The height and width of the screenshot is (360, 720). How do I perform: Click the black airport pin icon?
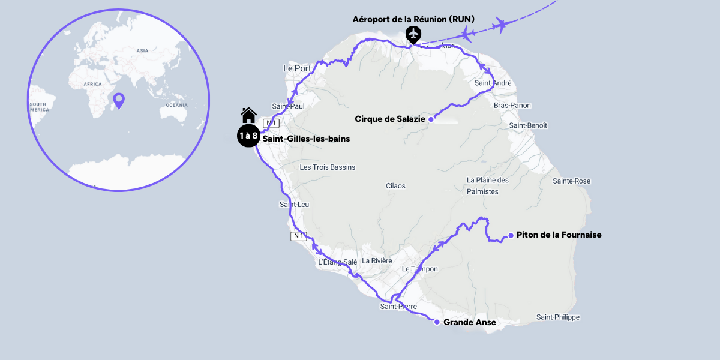(x=413, y=34)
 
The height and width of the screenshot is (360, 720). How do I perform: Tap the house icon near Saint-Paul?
(x=248, y=115)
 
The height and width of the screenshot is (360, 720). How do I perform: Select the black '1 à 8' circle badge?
(x=248, y=136)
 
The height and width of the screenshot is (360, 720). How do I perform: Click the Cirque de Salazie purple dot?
(x=430, y=119)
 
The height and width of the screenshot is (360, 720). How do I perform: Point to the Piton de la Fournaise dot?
(x=511, y=235)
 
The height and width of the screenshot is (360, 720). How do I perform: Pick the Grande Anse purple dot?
(x=437, y=322)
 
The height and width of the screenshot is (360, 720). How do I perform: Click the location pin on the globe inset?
(x=119, y=101)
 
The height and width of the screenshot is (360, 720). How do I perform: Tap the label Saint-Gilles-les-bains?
(x=306, y=139)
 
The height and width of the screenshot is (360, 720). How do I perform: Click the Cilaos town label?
(x=395, y=186)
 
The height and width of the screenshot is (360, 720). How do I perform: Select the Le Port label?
(x=297, y=68)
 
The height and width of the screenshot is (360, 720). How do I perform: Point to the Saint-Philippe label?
(x=558, y=317)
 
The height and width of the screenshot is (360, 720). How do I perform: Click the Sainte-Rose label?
(x=571, y=181)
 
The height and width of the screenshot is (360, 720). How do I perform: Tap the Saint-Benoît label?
(x=528, y=125)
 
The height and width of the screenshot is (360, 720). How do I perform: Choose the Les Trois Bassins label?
(x=327, y=167)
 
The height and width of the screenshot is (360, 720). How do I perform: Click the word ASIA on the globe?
(x=142, y=51)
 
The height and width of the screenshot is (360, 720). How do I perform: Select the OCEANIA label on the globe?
(x=177, y=105)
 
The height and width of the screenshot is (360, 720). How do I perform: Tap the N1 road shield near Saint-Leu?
(x=299, y=236)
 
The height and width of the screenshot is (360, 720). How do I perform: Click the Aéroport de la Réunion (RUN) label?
(x=413, y=19)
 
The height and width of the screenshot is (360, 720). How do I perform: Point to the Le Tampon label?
(x=420, y=269)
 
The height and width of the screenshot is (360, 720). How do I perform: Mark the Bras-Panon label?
(x=512, y=105)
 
